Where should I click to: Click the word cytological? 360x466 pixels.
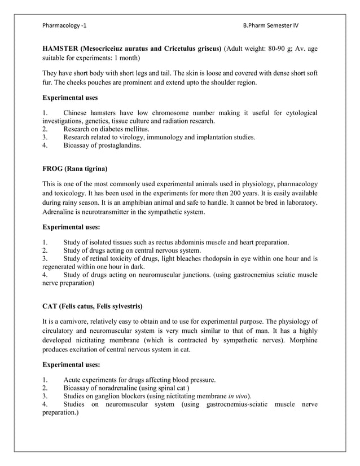(x=298, y=113)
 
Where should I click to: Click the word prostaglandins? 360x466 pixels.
(x=117, y=146)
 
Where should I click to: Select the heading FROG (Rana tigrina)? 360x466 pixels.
(x=74, y=169)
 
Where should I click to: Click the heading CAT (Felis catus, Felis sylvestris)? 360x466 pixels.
(x=92, y=306)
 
